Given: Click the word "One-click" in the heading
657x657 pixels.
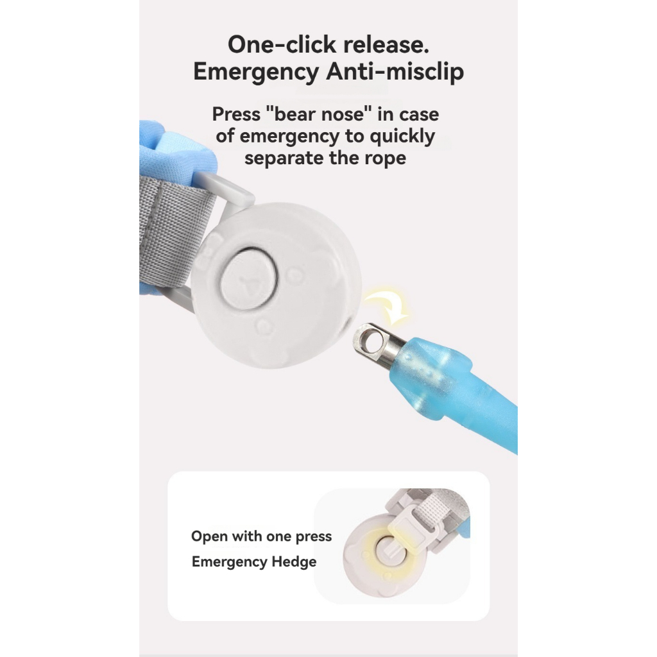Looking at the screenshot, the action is click(x=282, y=44).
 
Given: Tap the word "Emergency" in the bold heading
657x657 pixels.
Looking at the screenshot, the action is click(x=256, y=72).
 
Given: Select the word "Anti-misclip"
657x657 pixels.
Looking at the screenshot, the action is click(x=395, y=71).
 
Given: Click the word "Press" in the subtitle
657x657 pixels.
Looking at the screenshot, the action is click(x=236, y=114).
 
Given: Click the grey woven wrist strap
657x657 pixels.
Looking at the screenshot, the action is click(x=175, y=235).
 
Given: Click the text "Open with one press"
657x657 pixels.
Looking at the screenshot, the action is click(x=262, y=536).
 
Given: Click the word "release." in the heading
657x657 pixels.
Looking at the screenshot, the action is click(x=386, y=44).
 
